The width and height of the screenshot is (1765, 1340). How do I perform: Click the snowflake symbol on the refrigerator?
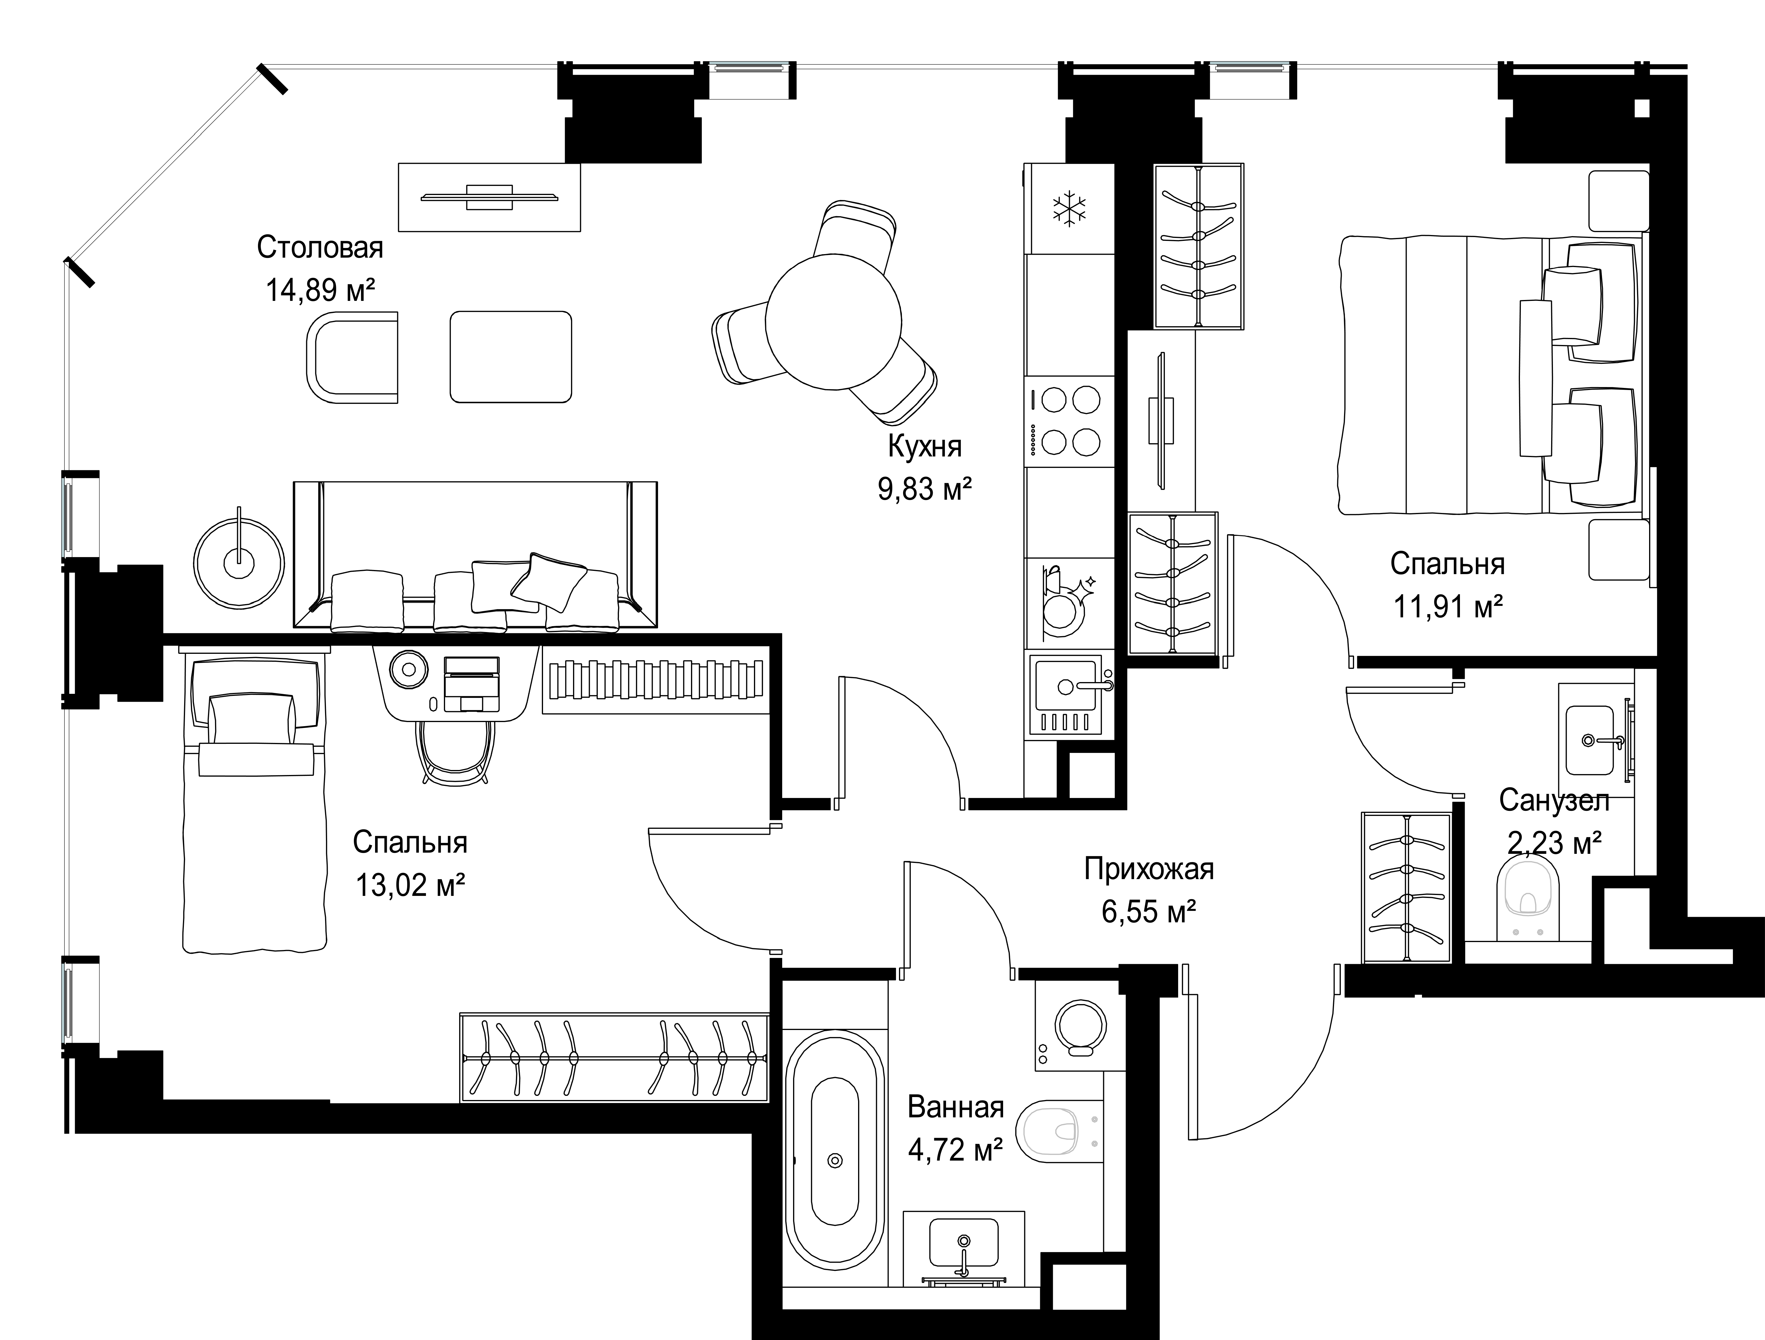pos(1070,209)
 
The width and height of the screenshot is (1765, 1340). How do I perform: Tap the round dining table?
pos(833,321)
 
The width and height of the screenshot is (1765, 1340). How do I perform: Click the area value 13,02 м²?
pos(410,885)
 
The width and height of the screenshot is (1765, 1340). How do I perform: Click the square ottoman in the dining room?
pos(511,356)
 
